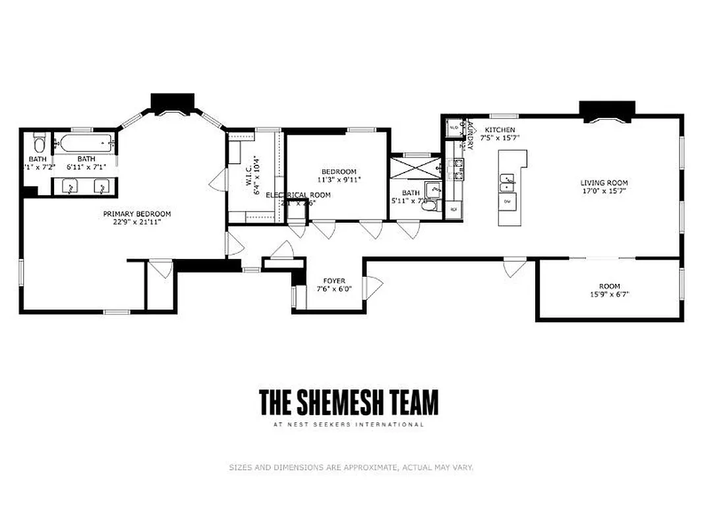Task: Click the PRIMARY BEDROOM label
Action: coord(137,213)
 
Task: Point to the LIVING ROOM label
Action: coord(604,183)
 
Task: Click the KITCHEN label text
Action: coord(500,130)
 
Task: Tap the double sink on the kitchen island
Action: coord(507,179)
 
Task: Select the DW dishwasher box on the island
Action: coord(507,200)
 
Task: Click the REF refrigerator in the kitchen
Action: coord(454,209)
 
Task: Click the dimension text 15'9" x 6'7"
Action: coord(610,295)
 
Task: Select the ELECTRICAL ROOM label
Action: coord(298,195)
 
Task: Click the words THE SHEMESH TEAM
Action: coord(348,402)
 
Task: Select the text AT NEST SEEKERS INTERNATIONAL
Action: coord(348,425)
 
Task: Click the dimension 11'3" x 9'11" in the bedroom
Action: coord(339,179)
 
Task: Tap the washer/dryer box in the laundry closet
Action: coord(454,127)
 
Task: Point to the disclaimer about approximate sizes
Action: coord(351,468)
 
